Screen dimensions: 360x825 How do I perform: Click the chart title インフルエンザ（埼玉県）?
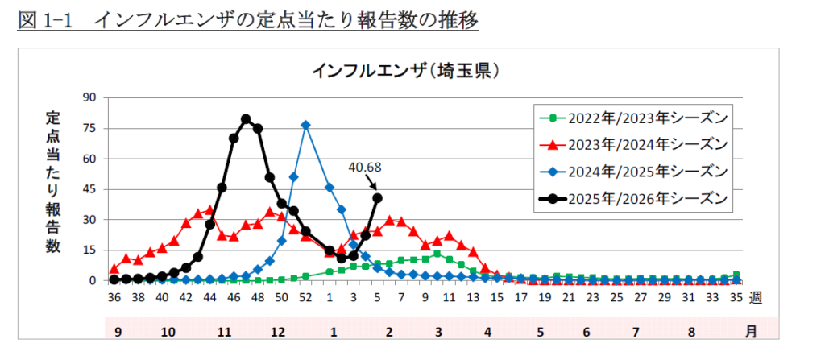[408, 71]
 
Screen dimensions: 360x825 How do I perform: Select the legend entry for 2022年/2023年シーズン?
[636, 118]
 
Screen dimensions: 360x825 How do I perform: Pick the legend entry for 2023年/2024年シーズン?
[636, 144]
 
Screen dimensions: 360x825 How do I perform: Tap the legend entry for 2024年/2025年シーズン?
[636, 171]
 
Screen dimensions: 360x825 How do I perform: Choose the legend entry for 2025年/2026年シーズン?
[636, 197]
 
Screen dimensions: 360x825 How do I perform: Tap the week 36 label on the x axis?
[114, 298]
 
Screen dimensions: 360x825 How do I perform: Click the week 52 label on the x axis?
[305, 298]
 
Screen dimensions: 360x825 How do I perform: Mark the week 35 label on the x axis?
[736, 298]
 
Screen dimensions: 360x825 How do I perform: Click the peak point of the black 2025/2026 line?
[246, 119]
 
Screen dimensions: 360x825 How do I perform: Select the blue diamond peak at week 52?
[305, 125]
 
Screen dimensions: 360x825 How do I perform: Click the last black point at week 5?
[377, 197]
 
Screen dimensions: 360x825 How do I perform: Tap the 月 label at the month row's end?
[751, 331]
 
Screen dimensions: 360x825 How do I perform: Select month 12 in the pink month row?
[277, 331]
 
